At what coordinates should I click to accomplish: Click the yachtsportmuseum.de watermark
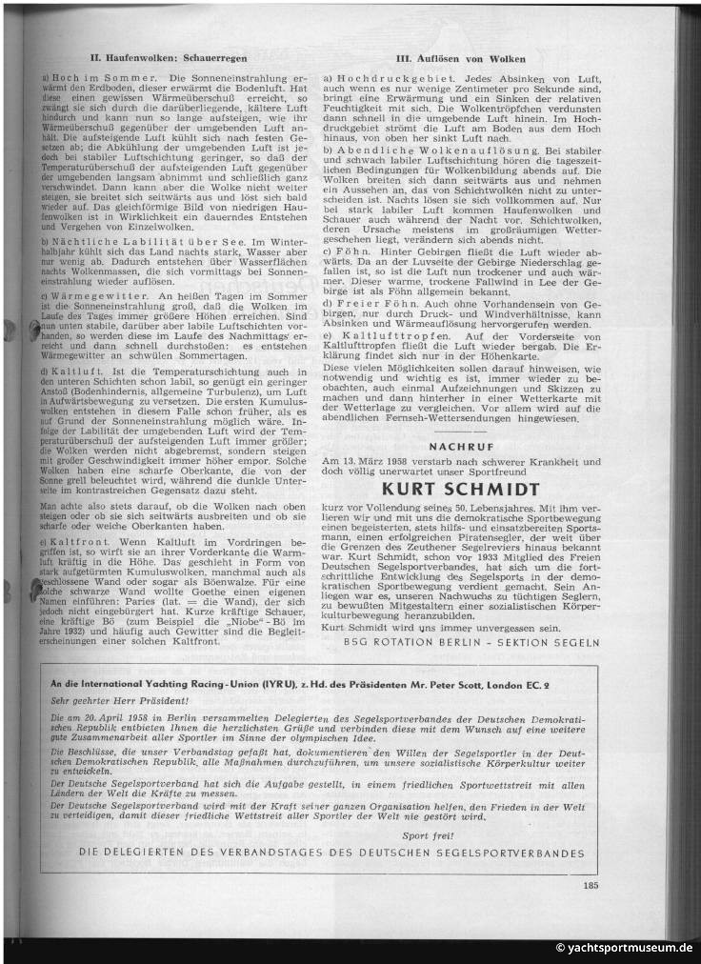pyautogui.click(x=624, y=949)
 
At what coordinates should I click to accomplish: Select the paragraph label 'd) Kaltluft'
pyautogui.click(x=77, y=368)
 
